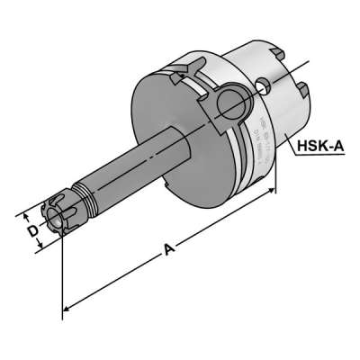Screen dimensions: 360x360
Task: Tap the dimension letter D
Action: point(32,231)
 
